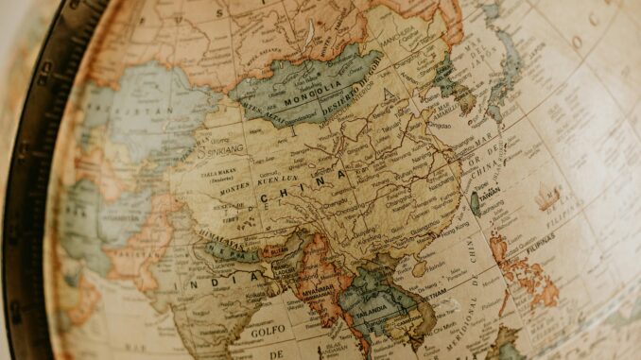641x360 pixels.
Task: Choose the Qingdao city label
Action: (x=437, y=124)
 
